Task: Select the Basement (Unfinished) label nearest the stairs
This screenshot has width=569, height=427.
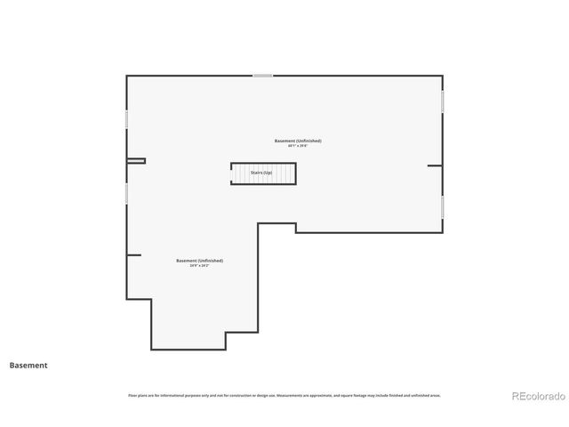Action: [298, 141]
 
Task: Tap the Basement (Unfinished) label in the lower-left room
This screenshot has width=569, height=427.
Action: [199, 261]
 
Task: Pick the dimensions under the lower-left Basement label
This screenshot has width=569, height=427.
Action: [199, 266]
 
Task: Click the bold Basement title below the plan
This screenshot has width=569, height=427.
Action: [28, 365]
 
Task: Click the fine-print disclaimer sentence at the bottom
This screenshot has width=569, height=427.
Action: [284, 395]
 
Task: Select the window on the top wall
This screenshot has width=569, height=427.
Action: [262, 76]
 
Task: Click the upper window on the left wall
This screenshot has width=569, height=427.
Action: [126, 118]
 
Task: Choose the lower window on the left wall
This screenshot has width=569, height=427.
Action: [126, 192]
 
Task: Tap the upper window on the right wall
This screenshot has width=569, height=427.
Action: [442, 101]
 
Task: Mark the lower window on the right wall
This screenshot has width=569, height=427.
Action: [442, 206]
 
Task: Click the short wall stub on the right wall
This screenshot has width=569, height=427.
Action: [434, 165]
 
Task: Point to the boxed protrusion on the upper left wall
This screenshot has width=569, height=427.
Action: [136, 161]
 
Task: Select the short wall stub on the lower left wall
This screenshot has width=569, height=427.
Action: [133, 255]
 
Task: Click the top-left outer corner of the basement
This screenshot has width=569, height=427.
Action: [127, 77]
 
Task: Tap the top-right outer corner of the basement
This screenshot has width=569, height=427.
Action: [442, 77]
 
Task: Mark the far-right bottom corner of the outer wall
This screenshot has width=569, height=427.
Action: [442, 232]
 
